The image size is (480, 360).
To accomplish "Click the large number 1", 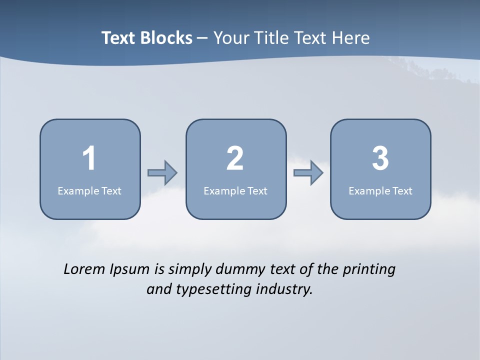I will (89, 158).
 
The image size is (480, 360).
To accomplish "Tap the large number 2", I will (235, 158).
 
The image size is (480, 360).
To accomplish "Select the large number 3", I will (380, 158).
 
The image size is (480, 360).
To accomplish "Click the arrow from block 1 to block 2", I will (162, 173).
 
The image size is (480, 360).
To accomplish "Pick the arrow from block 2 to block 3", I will (308, 173).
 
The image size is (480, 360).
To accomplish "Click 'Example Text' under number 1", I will (89, 190).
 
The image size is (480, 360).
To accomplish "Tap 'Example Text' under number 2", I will (235, 190).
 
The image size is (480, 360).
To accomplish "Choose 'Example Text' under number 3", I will (380, 190).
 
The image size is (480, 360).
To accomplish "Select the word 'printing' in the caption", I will (369, 270).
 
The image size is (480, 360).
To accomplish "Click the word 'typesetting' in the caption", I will (211, 289).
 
